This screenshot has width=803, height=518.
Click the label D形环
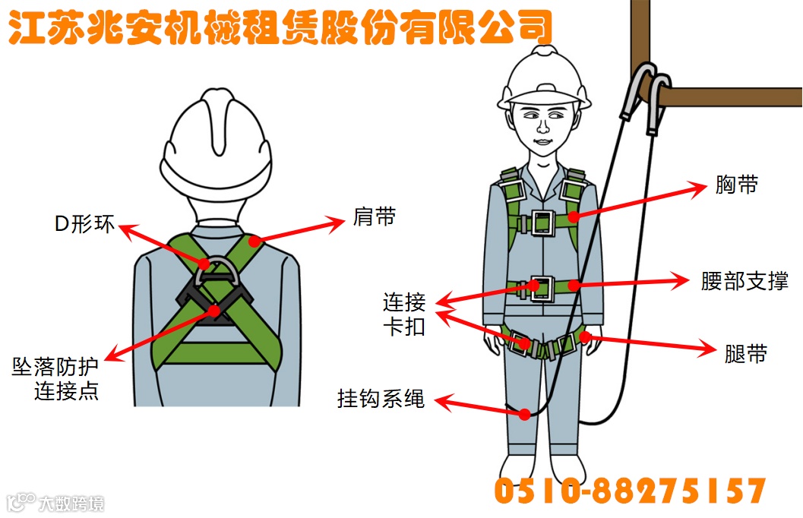[84, 224]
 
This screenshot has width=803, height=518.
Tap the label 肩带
[375, 217]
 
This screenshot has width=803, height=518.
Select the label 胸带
[736, 185]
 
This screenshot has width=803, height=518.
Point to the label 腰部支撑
[745, 281]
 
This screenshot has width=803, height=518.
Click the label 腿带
[746, 354]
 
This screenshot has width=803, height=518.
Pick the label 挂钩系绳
[381, 399]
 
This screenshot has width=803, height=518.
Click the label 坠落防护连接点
[55, 379]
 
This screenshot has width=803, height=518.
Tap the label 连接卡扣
[405, 314]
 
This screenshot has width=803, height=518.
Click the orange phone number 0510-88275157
[630, 491]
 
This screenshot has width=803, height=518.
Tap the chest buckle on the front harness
[542, 223]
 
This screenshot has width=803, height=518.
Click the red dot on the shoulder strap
[254, 241]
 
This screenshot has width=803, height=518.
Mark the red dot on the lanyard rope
[524, 414]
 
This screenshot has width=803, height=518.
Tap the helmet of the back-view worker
[216, 145]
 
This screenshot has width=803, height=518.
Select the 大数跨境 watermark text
[71, 504]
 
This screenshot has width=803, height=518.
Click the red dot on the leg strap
[585, 336]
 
